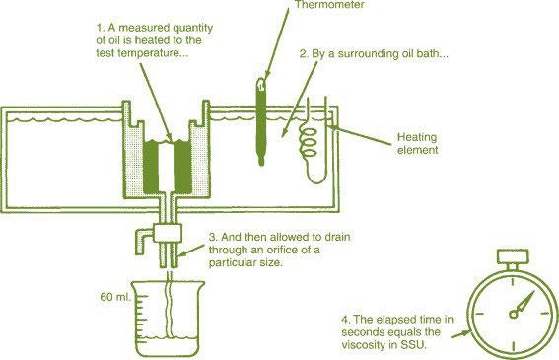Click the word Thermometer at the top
(329, 5)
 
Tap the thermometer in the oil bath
(261, 121)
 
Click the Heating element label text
(417, 143)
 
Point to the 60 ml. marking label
(115, 297)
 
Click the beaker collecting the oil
(168, 319)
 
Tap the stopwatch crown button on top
(513, 256)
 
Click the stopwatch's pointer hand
(523, 305)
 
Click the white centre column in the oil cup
(167, 167)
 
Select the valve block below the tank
(168, 233)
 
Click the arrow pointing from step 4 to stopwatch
(461, 334)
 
